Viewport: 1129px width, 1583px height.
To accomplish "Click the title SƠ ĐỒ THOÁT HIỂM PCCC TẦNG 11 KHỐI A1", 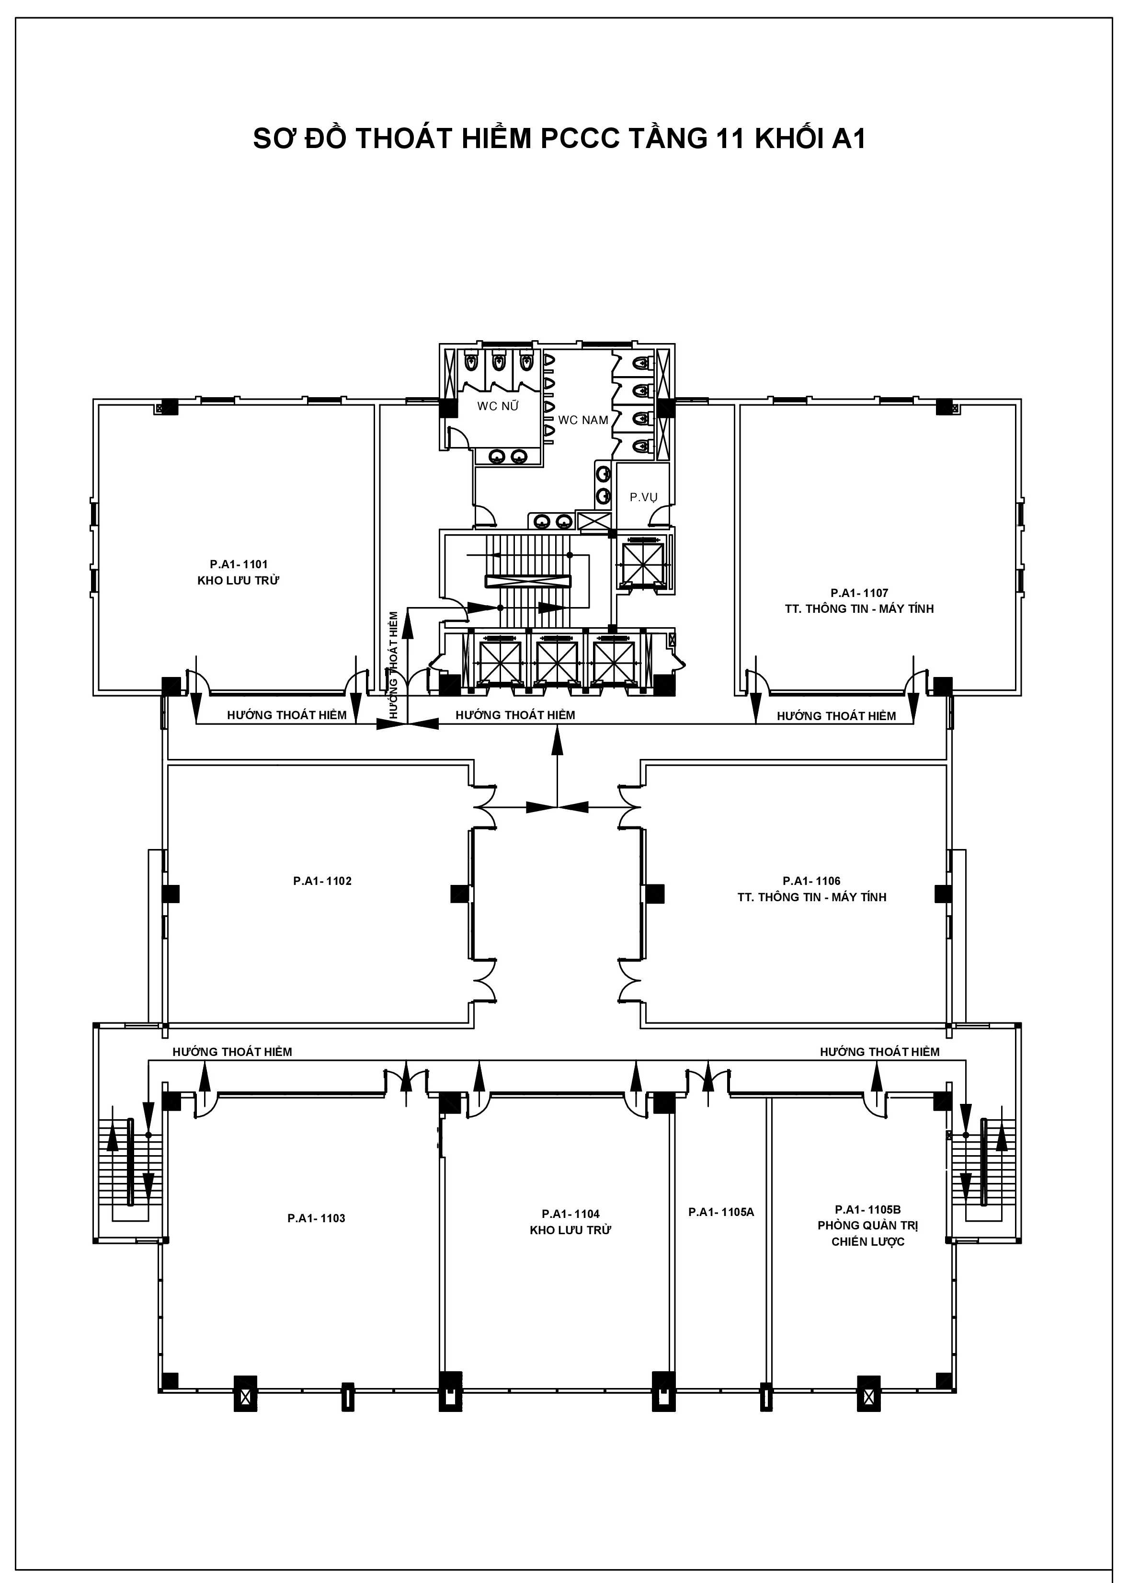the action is tap(559, 139).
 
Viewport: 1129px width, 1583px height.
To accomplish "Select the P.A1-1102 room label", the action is tap(322, 881).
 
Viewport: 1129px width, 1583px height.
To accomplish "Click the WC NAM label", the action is tap(583, 420).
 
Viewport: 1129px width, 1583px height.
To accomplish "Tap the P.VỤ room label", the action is tap(644, 497).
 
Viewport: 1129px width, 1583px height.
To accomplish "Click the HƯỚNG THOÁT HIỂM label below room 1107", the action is tap(836, 715).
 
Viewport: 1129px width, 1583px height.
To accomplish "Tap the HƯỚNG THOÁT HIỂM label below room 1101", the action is tap(286, 715).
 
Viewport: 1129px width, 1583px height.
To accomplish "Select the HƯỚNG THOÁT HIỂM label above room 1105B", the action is tap(879, 1052).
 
